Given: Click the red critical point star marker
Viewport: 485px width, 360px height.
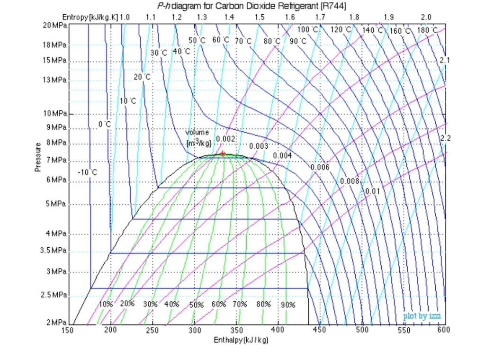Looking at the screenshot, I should tap(223, 153).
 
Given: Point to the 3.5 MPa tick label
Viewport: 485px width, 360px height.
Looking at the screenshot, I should tap(54, 251).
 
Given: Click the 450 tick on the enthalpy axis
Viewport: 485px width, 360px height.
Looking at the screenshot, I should tap(320, 330).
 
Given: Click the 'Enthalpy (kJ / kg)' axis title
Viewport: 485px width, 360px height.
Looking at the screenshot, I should tap(241, 340).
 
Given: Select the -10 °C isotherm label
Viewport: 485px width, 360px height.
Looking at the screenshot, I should tap(87, 172).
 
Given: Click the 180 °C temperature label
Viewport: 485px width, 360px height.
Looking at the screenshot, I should tap(427, 30).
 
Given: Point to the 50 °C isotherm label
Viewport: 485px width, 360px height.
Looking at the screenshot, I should tap(197, 40).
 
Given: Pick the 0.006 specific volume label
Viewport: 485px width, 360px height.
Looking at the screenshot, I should tap(320, 167).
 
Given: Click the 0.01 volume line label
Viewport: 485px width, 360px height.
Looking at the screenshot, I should tap(373, 191).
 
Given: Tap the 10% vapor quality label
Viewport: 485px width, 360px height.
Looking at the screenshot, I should tap(106, 304).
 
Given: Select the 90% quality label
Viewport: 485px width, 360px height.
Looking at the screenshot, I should tap(288, 305).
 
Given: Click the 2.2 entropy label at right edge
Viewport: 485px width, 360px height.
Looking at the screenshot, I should tap(445, 138).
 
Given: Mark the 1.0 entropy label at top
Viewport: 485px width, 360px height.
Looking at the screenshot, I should tap(125, 17).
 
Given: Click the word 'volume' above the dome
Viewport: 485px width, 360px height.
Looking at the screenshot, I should tap(197, 133).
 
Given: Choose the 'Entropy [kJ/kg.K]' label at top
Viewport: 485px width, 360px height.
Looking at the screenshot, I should tap(90, 17).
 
